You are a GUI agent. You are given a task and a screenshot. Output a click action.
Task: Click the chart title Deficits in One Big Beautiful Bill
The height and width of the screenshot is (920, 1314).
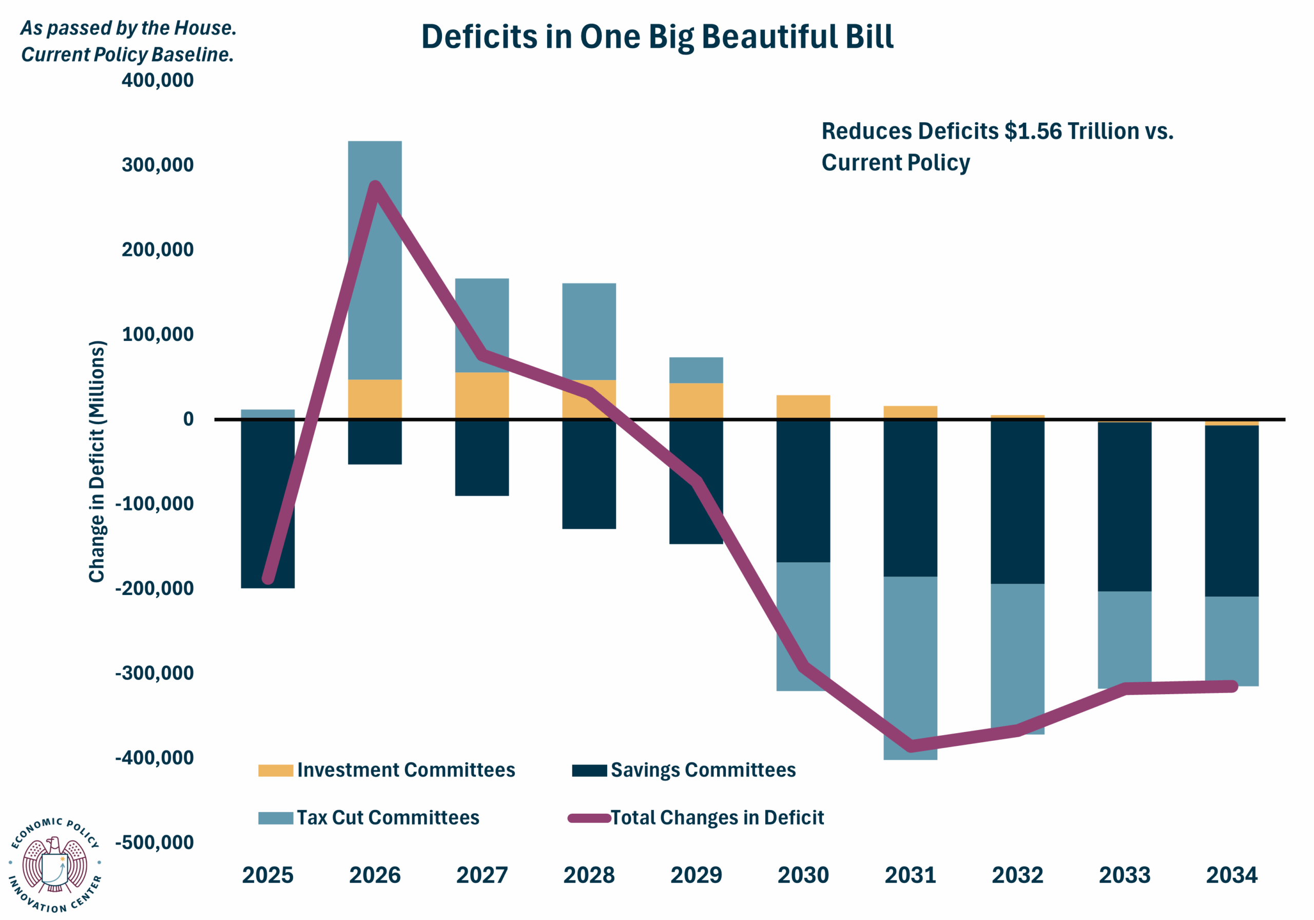(657, 37)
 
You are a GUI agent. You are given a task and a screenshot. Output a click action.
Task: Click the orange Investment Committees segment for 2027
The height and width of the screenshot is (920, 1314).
(482, 395)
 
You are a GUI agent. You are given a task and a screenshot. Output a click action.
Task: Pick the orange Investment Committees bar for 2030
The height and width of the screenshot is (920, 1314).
(803, 407)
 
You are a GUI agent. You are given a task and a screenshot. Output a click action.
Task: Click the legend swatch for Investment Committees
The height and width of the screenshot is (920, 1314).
(275, 771)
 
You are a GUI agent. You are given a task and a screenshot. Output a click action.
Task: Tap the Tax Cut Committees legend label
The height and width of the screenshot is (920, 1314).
(388, 817)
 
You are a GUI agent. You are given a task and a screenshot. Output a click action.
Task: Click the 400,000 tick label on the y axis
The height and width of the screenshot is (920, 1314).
(158, 80)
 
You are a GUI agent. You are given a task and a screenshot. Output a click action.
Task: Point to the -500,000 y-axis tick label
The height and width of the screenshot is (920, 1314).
(154, 842)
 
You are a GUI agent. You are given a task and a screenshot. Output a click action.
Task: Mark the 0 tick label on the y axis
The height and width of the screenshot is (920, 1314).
(188, 419)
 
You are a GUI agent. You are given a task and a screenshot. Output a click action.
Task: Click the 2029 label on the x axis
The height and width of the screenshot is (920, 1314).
(696, 875)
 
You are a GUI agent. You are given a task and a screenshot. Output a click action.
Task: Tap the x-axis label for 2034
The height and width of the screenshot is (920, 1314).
(1231, 875)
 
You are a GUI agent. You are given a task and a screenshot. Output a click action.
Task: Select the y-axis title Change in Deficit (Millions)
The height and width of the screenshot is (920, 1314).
(98, 462)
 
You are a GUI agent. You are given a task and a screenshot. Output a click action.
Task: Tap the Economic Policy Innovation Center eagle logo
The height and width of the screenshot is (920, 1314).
(55, 865)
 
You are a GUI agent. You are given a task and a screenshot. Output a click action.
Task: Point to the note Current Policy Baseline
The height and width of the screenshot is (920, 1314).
(128, 54)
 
